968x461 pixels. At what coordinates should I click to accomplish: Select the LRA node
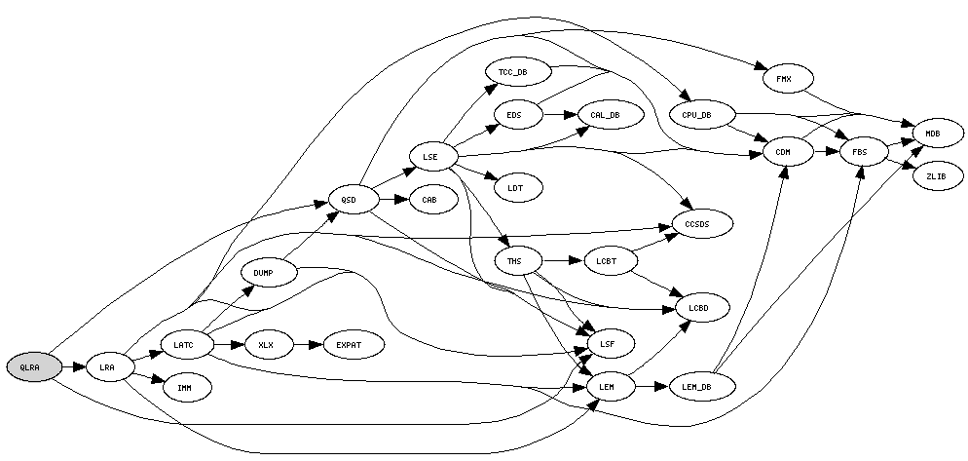[107, 367]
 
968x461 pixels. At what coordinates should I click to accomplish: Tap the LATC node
[183, 344]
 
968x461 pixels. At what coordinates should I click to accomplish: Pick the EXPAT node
[348, 345]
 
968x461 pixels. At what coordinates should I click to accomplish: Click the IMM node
[183, 388]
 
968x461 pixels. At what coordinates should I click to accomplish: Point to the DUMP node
[262, 273]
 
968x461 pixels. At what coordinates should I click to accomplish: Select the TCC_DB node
[512, 72]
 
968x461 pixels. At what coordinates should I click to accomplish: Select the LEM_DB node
[701, 387]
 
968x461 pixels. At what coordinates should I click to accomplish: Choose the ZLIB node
[936, 176]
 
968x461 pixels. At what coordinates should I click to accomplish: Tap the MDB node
[933, 133]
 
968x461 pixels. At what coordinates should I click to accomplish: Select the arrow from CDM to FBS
[822, 152]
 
